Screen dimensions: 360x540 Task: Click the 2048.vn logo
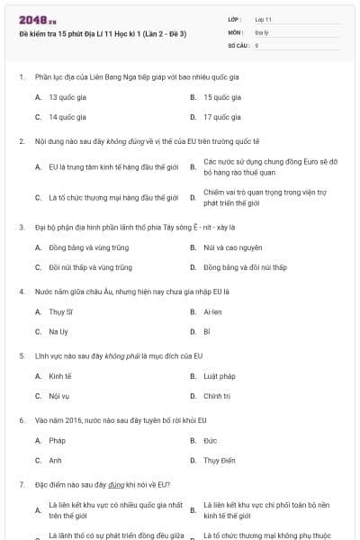[38, 19]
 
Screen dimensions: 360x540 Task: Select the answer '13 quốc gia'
[67, 96]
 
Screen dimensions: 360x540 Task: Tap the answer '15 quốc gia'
[221, 96]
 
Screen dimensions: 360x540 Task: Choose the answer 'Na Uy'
[59, 331]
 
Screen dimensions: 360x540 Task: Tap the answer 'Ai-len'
[212, 311]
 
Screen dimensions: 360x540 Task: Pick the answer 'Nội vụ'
[59, 395]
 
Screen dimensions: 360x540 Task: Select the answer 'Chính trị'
[218, 395]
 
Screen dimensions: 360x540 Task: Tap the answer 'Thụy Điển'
[220, 460]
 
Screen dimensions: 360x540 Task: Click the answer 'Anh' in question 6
[56, 460]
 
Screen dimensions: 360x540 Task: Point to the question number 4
[21, 292]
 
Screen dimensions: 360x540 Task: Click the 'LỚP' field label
[235, 18]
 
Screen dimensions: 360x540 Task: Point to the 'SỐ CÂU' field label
[238, 44]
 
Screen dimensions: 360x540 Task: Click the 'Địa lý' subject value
[260, 31]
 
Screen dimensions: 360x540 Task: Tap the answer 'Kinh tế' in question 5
[60, 375]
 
